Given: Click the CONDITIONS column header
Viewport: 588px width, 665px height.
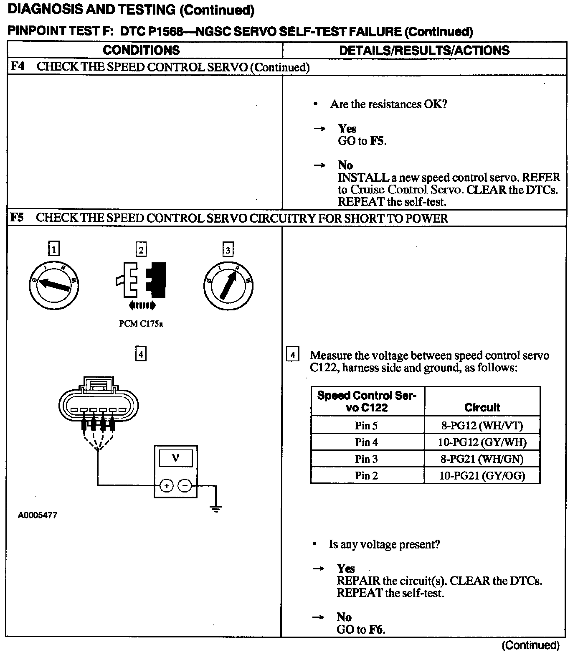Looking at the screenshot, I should tap(141, 50).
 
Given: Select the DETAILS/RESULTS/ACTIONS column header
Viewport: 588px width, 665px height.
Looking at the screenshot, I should tap(424, 50).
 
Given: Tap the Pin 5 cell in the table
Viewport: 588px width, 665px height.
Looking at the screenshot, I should tap(366, 426).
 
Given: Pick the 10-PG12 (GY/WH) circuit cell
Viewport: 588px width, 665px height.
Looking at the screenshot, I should tap(482, 442).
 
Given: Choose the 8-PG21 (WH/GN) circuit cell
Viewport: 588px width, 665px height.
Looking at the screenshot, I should tap(482, 459).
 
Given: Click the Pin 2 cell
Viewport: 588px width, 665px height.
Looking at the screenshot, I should tap(366, 476).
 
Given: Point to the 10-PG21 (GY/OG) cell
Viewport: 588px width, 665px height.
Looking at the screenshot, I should tap(482, 476).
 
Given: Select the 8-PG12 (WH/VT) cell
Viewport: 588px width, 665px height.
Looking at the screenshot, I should tap(482, 426).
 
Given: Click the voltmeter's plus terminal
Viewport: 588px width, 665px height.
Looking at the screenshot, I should tap(166, 485).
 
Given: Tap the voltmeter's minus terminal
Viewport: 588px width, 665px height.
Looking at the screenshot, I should tap(185, 485).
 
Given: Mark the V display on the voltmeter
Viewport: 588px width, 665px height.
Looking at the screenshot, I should tap(175, 458).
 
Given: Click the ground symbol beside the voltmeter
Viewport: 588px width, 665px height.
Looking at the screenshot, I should tap(216, 509).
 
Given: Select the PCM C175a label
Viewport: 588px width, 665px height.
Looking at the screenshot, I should tap(141, 324).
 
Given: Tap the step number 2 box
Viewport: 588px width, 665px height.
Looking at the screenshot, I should tap(141, 250).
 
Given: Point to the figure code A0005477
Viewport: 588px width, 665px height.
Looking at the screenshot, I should tap(37, 515).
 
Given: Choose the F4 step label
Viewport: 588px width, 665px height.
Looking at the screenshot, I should tap(17, 67).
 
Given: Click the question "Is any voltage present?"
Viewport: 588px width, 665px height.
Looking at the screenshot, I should tap(384, 544).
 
